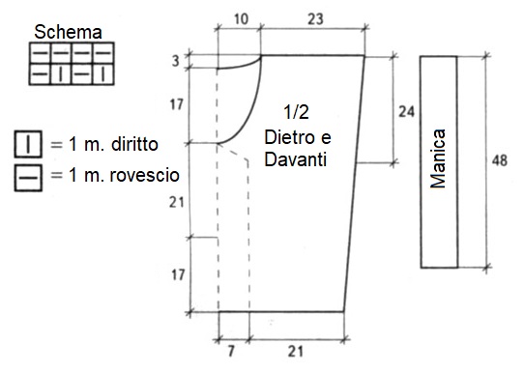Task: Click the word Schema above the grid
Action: coord(68,33)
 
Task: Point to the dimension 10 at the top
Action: coord(241,19)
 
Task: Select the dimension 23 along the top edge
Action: coord(315,19)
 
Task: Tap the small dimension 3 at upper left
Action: coord(176,61)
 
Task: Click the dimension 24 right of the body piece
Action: coord(406,111)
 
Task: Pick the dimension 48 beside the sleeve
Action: coord(499,160)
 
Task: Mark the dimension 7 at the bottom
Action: coord(231,351)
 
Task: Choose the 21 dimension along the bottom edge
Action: coord(296,351)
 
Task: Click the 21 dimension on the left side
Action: coord(177,202)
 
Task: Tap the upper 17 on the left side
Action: coord(177,105)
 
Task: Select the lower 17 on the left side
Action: coord(178,275)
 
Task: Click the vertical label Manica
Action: coord(438,158)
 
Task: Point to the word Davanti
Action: coord(296,159)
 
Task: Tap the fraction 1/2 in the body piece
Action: coord(296,112)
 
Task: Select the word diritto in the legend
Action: coord(134,144)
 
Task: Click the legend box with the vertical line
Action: coord(28,144)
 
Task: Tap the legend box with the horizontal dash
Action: coord(28,178)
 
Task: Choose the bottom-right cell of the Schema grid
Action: coord(103,74)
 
